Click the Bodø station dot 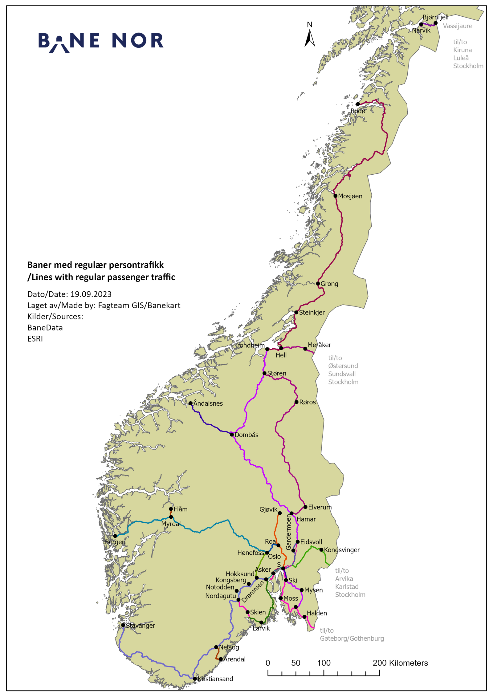pos(358,104)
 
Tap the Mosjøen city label pos(350,196)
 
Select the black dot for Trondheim pos(267,349)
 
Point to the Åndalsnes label pos(208,403)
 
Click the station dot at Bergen pos(115,536)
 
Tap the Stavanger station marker pos(123,625)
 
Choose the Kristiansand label pos(215,679)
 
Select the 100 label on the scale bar pos(324,663)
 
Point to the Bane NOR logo pos(101,42)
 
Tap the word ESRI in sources pos(35,339)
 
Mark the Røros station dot pos(296,402)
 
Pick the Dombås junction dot pos(232,435)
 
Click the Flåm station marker pos(171,509)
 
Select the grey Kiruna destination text pos(462,50)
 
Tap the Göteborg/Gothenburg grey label pos(352,638)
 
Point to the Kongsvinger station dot pos(321,550)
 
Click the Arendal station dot pos(221,659)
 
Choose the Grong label pos(329,284)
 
